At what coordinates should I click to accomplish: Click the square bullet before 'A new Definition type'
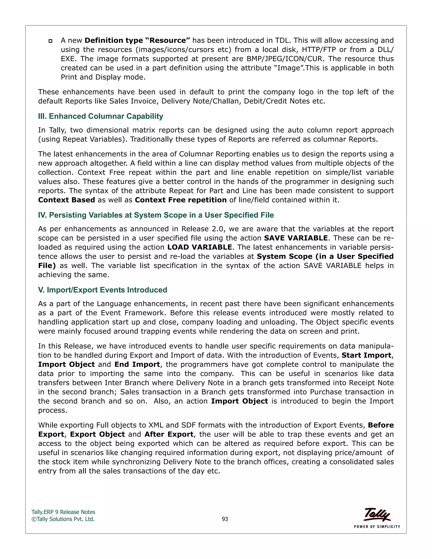point(50,41)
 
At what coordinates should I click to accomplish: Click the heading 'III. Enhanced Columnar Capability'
point(101,116)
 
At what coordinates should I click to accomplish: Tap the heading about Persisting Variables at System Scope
point(156,215)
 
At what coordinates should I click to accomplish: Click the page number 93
point(225,519)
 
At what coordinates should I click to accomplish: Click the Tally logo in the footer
point(377,514)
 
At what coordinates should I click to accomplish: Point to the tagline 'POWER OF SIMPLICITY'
point(377,527)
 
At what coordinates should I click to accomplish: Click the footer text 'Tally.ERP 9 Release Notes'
point(63,512)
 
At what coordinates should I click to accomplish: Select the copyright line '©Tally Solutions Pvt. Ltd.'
point(63,519)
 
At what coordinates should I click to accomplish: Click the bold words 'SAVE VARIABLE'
point(296,238)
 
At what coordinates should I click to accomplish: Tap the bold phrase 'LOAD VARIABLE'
point(200,247)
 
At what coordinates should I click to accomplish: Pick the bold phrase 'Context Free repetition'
point(181,200)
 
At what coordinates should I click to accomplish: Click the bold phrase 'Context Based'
point(66,200)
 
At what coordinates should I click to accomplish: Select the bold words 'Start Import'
point(366,355)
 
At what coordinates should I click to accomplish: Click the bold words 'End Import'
point(137,365)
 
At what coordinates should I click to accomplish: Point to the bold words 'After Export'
point(169,434)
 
